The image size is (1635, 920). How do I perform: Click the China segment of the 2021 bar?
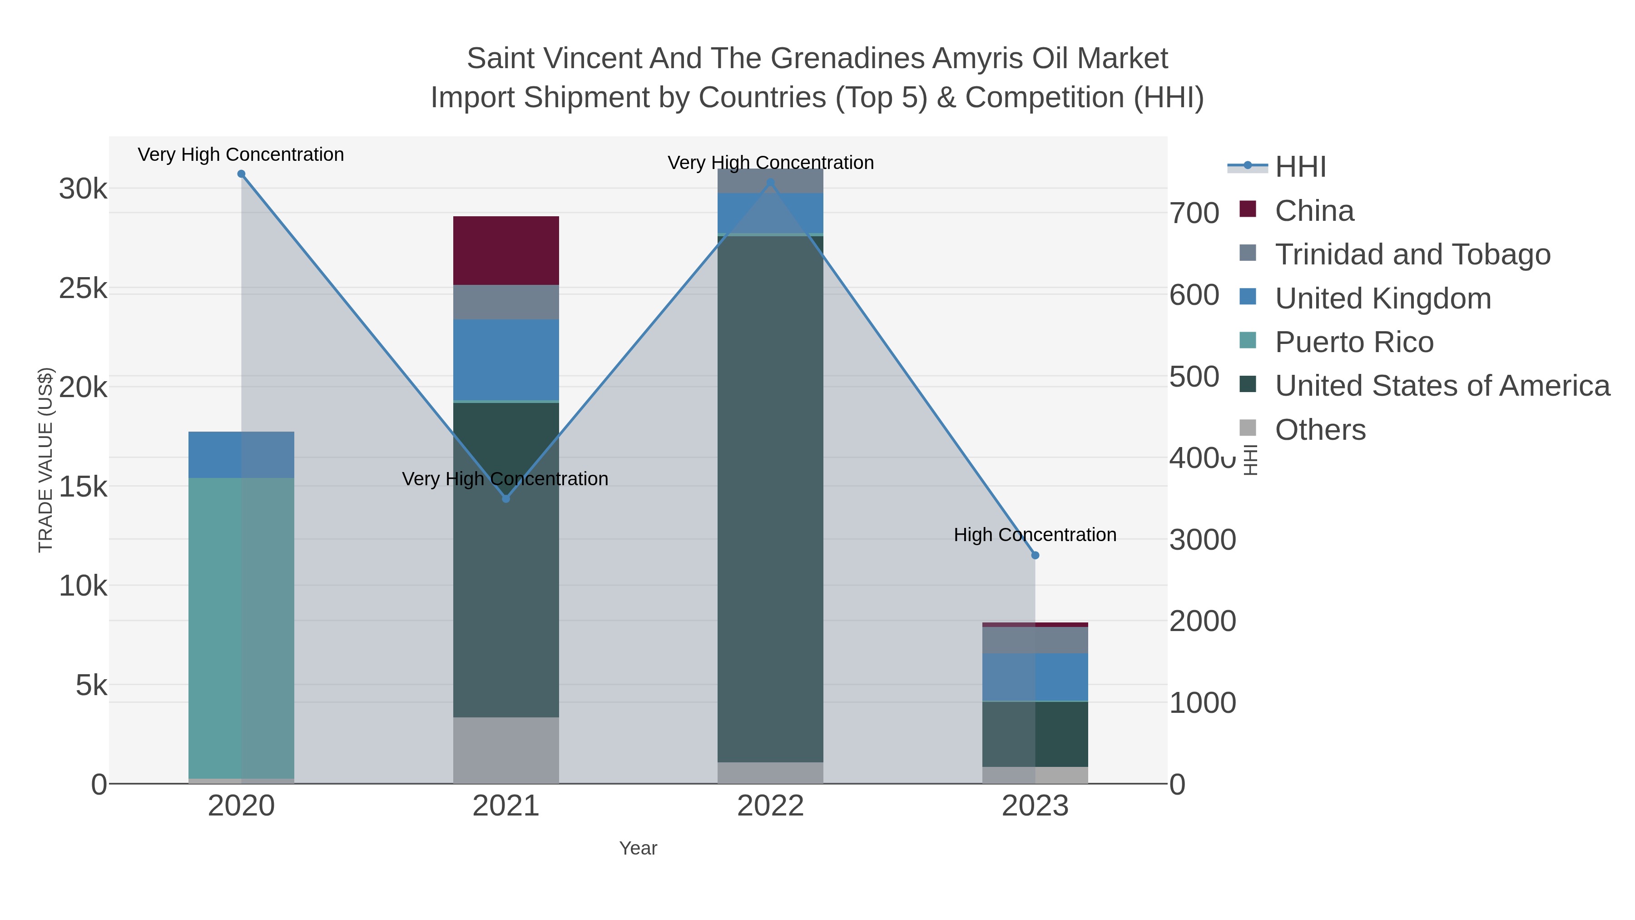pyautogui.click(x=506, y=250)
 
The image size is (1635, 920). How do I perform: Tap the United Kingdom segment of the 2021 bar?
pyautogui.click(x=506, y=359)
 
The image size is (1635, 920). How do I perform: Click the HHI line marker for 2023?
pyautogui.click(x=1035, y=555)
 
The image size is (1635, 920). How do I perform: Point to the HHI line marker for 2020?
pyautogui.click(x=241, y=174)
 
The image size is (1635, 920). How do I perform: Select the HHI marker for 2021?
pyautogui.click(x=506, y=498)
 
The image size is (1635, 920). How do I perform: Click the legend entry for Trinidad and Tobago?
pyautogui.click(x=1412, y=254)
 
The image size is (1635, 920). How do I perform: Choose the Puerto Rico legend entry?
pyautogui.click(x=1354, y=342)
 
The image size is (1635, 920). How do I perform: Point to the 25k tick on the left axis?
pyautogui.click(x=83, y=289)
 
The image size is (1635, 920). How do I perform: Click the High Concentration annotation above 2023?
pyautogui.click(x=1035, y=535)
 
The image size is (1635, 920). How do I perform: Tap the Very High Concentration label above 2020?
pyautogui.click(x=241, y=154)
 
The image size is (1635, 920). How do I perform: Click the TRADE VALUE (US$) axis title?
pyautogui.click(x=46, y=460)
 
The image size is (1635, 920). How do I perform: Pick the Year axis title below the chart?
pyautogui.click(x=638, y=848)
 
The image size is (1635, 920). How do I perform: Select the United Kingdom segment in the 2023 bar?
pyautogui.click(x=1035, y=677)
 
